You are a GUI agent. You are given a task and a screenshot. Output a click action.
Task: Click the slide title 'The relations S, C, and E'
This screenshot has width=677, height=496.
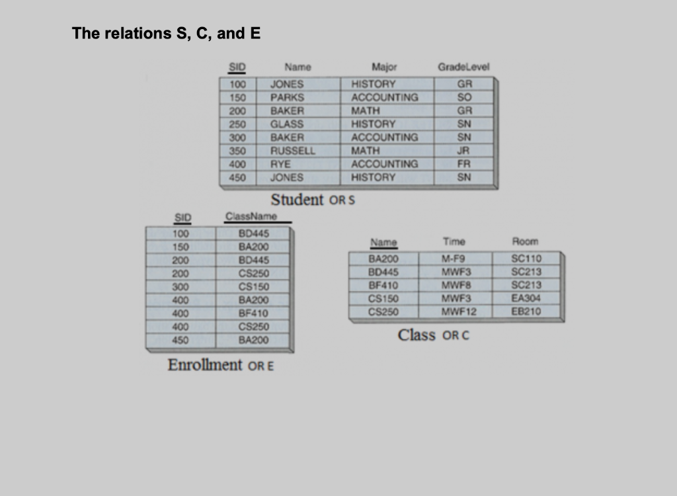(x=167, y=33)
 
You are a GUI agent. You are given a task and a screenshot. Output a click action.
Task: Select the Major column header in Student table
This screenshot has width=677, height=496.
(x=384, y=67)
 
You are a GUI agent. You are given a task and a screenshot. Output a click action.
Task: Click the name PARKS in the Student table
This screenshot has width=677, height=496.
(x=287, y=97)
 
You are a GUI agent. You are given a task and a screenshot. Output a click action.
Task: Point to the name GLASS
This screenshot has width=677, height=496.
(x=287, y=124)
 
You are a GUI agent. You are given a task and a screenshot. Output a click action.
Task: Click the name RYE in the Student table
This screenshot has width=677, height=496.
(x=282, y=163)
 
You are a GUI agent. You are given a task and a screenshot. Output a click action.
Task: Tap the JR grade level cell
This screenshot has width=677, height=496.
(x=467, y=150)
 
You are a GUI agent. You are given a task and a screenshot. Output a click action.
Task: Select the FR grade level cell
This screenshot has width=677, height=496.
(x=467, y=163)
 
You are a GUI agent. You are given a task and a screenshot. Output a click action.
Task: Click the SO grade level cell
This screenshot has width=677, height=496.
(x=467, y=97)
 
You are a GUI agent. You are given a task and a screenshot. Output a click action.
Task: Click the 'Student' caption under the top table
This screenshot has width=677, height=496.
(x=298, y=199)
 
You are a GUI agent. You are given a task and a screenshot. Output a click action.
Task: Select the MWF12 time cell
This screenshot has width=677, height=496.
(x=458, y=311)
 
